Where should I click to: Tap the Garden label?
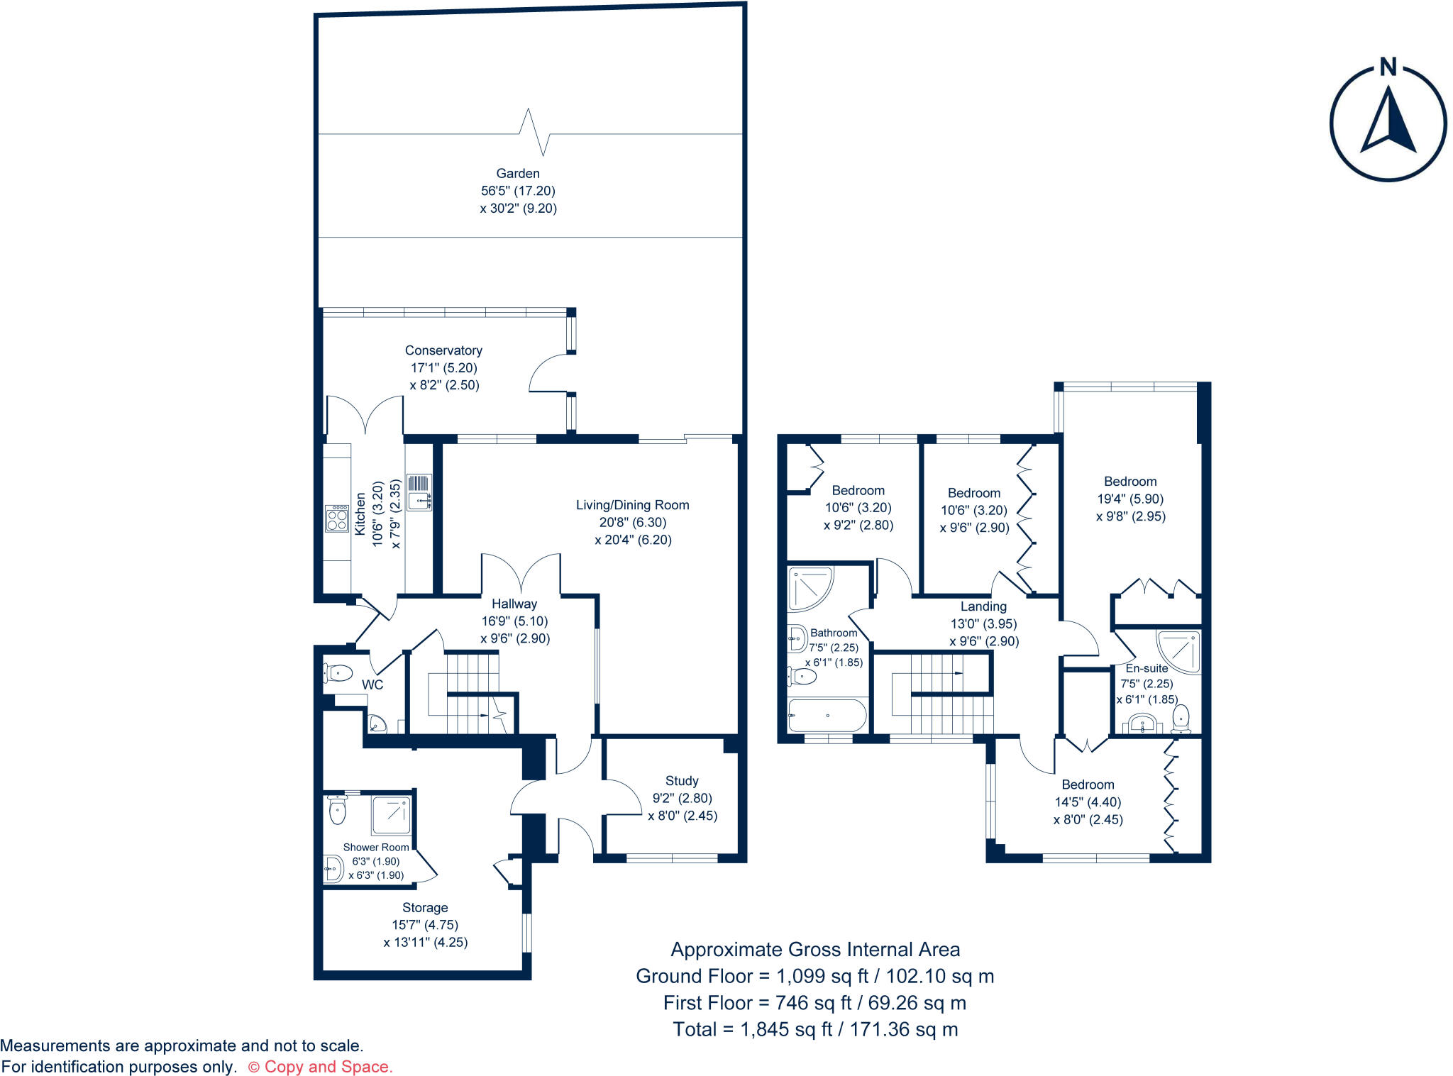coord(518,174)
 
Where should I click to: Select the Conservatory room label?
coord(443,350)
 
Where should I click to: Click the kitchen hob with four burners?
coord(337,518)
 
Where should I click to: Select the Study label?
coord(682,781)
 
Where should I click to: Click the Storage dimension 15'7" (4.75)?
coord(425,925)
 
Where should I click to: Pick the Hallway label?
coord(514,604)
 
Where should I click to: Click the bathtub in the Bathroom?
coord(827,716)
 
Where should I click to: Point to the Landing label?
coord(983,606)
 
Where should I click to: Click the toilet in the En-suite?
coord(1181,718)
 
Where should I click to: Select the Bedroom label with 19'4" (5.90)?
coord(1130,482)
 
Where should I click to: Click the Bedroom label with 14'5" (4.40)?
coord(1088,784)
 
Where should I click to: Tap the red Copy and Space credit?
coord(320,1067)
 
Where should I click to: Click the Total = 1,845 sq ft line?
coord(815,1029)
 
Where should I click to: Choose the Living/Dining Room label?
coord(632,505)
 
